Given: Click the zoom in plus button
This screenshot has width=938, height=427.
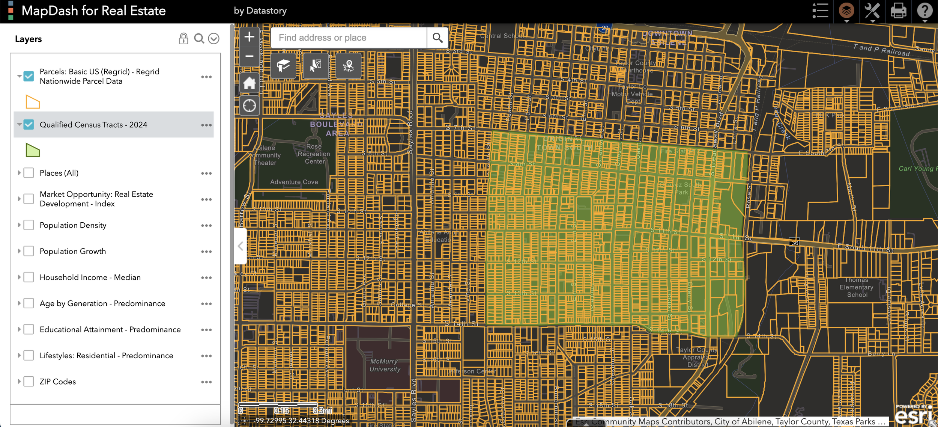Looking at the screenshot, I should [x=249, y=37].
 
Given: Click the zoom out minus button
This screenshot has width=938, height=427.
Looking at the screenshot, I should [x=249, y=56].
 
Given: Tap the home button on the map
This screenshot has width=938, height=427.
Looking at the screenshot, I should [x=249, y=83].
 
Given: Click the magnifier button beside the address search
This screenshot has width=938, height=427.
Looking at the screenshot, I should [x=437, y=38].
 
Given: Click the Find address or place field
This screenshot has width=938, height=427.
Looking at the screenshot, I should [x=349, y=38].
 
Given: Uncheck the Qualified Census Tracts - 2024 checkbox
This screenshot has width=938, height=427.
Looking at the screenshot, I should [x=29, y=125].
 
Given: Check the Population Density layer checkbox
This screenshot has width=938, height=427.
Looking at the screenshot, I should [x=29, y=225].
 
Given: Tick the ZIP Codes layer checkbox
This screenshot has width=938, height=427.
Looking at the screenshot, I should [x=29, y=382].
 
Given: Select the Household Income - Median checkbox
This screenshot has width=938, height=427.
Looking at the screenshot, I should [x=29, y=278].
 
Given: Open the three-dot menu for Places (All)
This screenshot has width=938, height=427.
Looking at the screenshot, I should [x=206, y=174].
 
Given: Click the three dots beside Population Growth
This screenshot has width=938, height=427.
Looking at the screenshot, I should [x=206, y=252].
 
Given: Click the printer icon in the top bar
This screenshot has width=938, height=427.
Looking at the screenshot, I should [x=898, y=11].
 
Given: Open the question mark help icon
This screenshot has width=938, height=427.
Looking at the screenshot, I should [x=924, y=11].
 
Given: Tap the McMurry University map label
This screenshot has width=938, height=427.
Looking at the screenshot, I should [x=385, y=365].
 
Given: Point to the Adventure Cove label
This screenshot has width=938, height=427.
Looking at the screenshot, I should [x=294, y=182].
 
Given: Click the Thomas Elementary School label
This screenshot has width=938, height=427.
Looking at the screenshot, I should [x=857, y=287].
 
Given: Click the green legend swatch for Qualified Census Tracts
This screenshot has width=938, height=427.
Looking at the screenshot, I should [x=33, y=150].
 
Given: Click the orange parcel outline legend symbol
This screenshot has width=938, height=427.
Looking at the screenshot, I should [x=33, y=102].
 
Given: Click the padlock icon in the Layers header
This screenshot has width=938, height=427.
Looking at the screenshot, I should [x=183, y=39].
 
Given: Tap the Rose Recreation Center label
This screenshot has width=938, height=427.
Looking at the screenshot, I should [x=314, y=154].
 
